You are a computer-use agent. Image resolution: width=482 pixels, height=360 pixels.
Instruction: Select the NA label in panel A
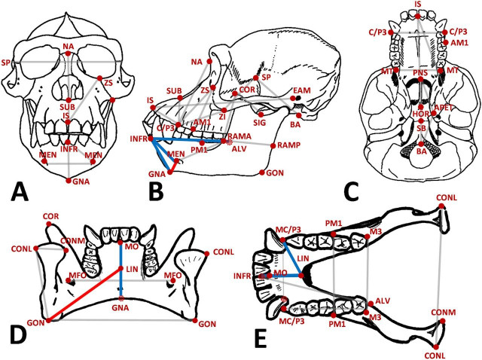click(69, 47)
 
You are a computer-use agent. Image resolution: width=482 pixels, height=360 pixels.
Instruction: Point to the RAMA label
click(240, 136)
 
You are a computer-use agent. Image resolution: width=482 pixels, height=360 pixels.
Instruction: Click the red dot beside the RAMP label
click(272, 145)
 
